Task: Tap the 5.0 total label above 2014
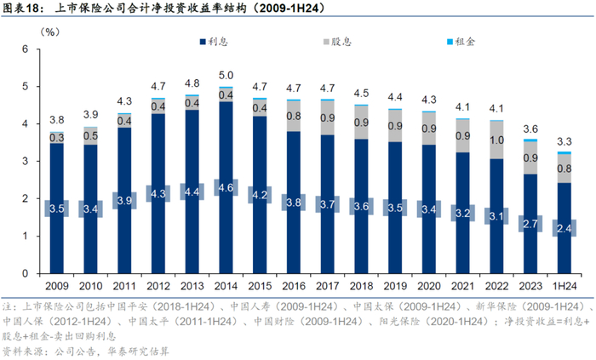[226, 76]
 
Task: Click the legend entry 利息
[223, 41]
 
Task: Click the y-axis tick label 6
[26, 49]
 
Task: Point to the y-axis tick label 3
[26, 162]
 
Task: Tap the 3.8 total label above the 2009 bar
[56, 120]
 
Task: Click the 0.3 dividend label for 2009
[56, 137]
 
